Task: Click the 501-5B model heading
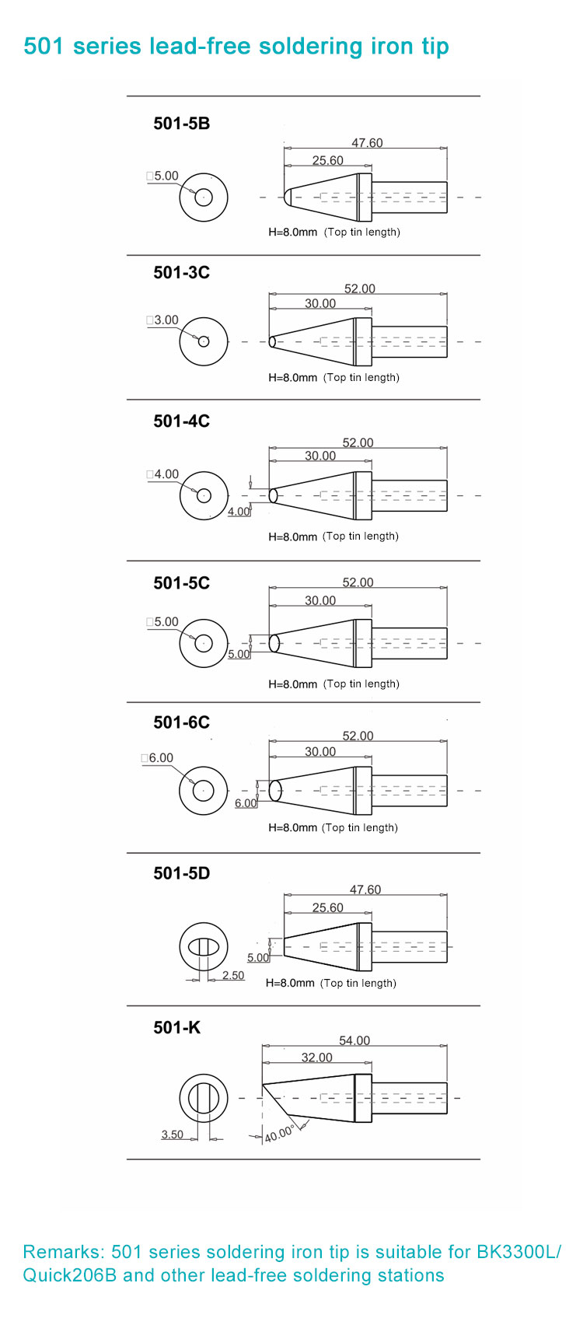(181, 124)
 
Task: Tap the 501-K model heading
(176, 1027)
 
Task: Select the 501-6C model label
(181, 722)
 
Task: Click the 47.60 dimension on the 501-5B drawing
(367, 143)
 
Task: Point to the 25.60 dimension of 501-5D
(328, 907)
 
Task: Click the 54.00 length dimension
(354, 1040)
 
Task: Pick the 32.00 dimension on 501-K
(316, 1058)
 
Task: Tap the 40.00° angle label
(279, 1134)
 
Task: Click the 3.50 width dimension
(172, 1134)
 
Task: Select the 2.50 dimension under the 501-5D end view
(233, 975)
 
